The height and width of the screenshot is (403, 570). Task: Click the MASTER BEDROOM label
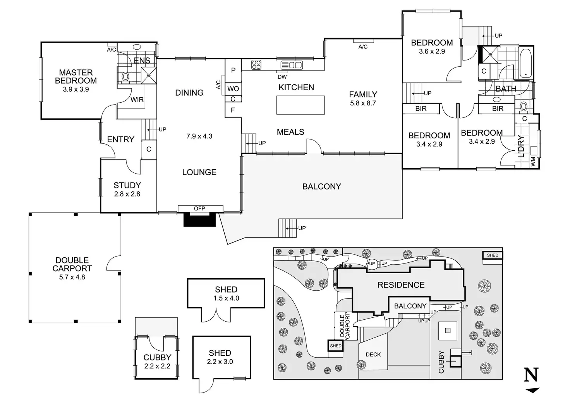(x=76, y=76)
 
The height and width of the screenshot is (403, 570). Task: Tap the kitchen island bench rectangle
(x=300, y=105)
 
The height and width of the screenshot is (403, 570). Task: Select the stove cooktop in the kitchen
(x=256, y=65)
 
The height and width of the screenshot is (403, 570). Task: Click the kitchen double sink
(x=292, y=65)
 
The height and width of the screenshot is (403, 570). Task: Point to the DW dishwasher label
(x=282, y=77)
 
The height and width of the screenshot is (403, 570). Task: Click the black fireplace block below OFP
(x=199, y=220)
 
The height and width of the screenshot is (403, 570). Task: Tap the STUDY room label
(x=127, y=185)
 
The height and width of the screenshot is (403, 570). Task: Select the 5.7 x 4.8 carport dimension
(x=72, y=277)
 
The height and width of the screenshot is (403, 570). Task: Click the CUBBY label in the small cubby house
(x=157, y=358)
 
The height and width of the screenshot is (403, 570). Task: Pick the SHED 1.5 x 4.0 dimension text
(x=226, y=298)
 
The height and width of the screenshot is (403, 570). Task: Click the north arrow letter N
(x=531, y=375)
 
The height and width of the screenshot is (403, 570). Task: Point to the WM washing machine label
(x=533, y=163)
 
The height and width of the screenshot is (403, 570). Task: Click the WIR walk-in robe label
(x=137, y=100)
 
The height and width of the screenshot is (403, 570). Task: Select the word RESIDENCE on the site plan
(x=401, y=285)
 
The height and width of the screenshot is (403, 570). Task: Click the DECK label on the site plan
(x=373, y=355)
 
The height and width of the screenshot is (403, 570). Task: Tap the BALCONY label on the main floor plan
(x=321, y=186)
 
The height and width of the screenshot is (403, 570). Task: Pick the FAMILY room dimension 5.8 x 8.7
(x=363, y=103)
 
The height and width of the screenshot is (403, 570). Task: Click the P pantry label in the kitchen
(x=233, y=70)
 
